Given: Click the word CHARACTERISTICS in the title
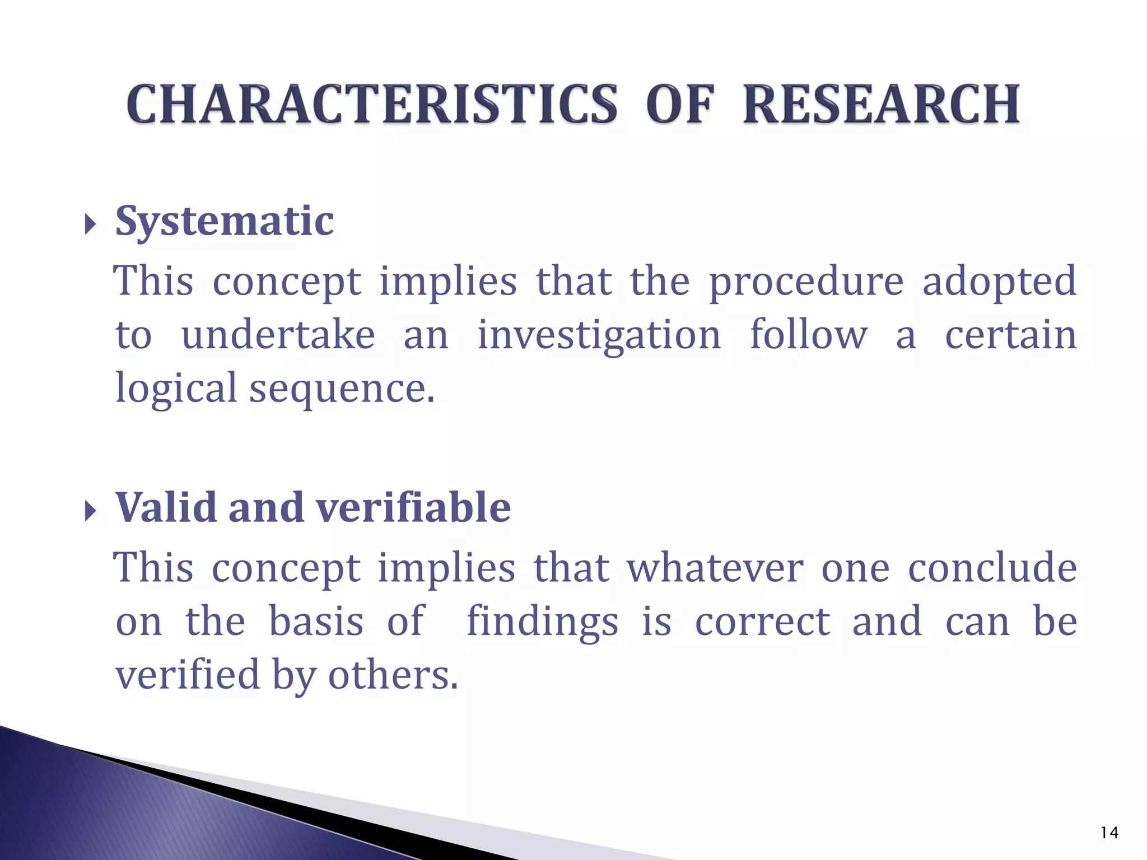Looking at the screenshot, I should pyautogui.click(x=372, y=105).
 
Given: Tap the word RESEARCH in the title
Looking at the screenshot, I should pyautogui.click(x=881, y=105).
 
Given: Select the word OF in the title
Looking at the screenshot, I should pyautogui.click(x=680, y=105).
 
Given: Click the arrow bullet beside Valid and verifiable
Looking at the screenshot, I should pyautogui.click(x=90, y=511).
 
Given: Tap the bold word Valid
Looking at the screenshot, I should pyautogui.click(x=166, y=507).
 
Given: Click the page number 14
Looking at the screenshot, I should pyautogui.click(x=1109, y=833).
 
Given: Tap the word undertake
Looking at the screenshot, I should pyautogui.click(x=278, y=335).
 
